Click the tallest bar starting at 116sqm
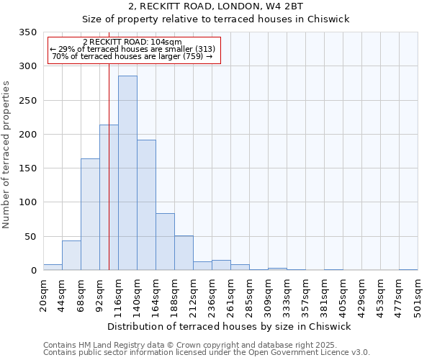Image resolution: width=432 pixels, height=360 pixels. pos(127,173)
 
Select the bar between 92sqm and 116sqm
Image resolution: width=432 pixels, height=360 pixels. pos(109,197)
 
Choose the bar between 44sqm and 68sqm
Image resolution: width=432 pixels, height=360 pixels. pos(71,256)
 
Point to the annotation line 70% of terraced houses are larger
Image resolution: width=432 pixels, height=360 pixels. pos(132,56)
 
